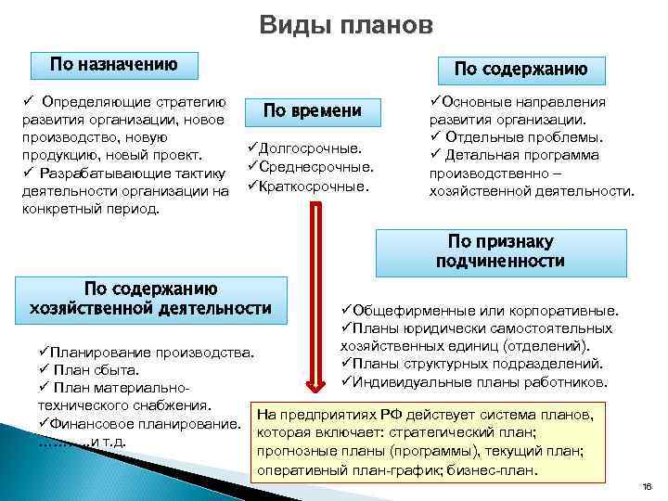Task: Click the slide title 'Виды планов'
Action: coord(345,25)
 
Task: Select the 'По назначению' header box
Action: coord(113,64)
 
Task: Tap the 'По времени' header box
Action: coord(312,110)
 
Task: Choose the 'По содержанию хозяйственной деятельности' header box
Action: coord(151,298)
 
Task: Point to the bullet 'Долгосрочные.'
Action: coord(307,148)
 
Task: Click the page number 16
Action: coord(648,487)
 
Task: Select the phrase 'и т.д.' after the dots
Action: coord(107,441)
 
